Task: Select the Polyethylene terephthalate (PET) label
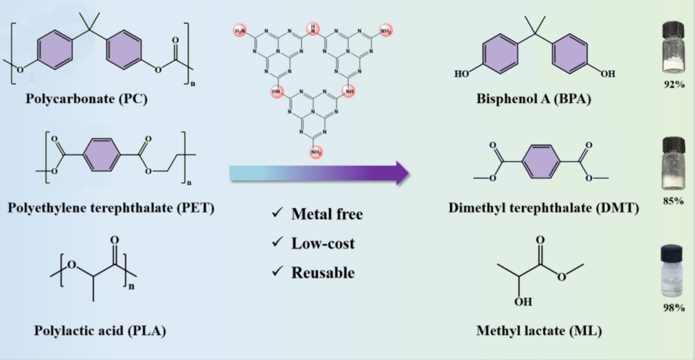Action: click(111, 207)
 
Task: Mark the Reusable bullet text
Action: click(323, 272)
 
